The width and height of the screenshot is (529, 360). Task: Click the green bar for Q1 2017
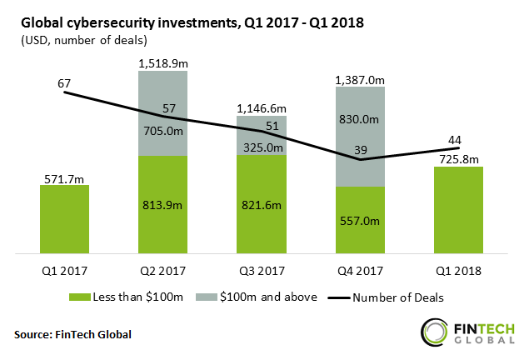pos(64,218)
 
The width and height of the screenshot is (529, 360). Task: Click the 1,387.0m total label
pos(359,80)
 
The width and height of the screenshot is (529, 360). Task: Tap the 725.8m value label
pos(457,158)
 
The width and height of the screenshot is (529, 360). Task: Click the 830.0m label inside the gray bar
pos(359,120)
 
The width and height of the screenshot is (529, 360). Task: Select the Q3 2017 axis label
pos(261,268)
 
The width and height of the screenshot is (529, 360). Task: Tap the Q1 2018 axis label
pos(457,268)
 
